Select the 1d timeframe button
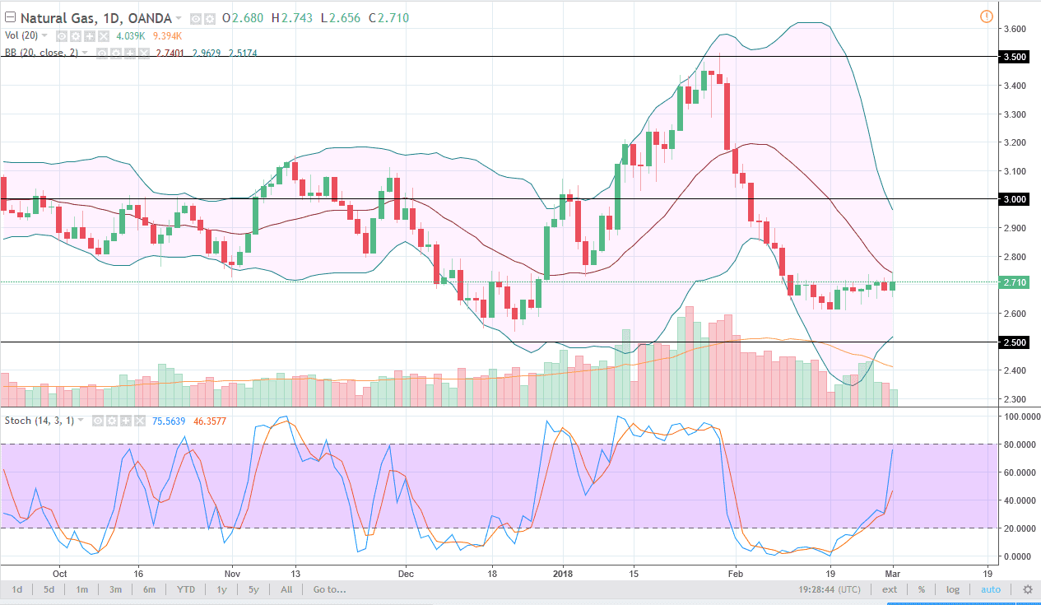click(17, 589)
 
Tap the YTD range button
click(187, 589)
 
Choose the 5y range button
click(254, 589)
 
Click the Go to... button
click(329, 589)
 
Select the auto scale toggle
click(991, 589)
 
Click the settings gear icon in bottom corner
click(1027, 589)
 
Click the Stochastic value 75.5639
click(169, 421)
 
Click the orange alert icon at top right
click(986, 16)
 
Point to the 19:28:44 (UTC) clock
click(830, 589)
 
